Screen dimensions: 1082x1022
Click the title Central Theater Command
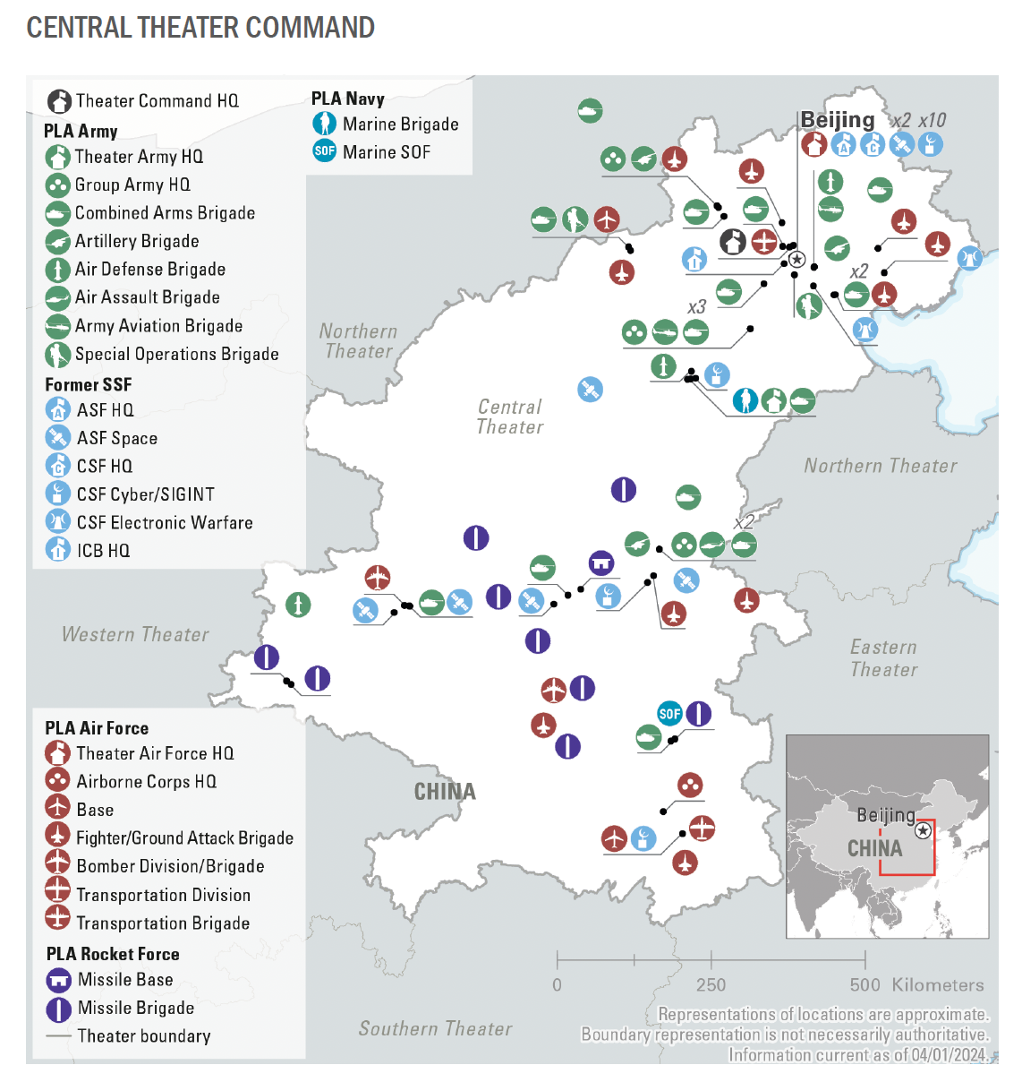[x=200, y=28]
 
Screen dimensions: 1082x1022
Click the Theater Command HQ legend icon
[x=59, y=100]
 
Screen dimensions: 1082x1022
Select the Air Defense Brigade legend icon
[x=57, y=269]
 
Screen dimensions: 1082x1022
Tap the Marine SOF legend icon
[x=324, y=151]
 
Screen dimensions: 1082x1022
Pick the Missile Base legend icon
[x=58, y=980]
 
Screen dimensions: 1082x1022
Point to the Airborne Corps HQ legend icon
[x=57, y=781]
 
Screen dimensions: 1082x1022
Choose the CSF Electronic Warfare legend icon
[x=57, y=521]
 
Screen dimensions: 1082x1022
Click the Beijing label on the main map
[x=837, y=120]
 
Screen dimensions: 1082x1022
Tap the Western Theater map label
[x=135, y=634]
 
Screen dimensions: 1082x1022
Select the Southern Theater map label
[x=435, y=1028]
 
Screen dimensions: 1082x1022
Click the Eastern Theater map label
[x=883, y=657]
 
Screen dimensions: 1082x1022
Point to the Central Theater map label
[x=509, y=416]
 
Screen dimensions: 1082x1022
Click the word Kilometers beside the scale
[x=937, y=984]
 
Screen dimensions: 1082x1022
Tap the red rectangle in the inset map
[x=907, y=846]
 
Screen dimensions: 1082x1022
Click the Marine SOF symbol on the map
[x=669, y=713]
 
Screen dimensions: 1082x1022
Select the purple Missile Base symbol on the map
[x=601, y=563]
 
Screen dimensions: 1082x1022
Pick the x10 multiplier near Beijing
[x=932, y=120]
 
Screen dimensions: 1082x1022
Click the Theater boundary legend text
[x=143, y=1036]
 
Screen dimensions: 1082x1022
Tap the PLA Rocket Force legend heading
[x=113, y=954]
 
